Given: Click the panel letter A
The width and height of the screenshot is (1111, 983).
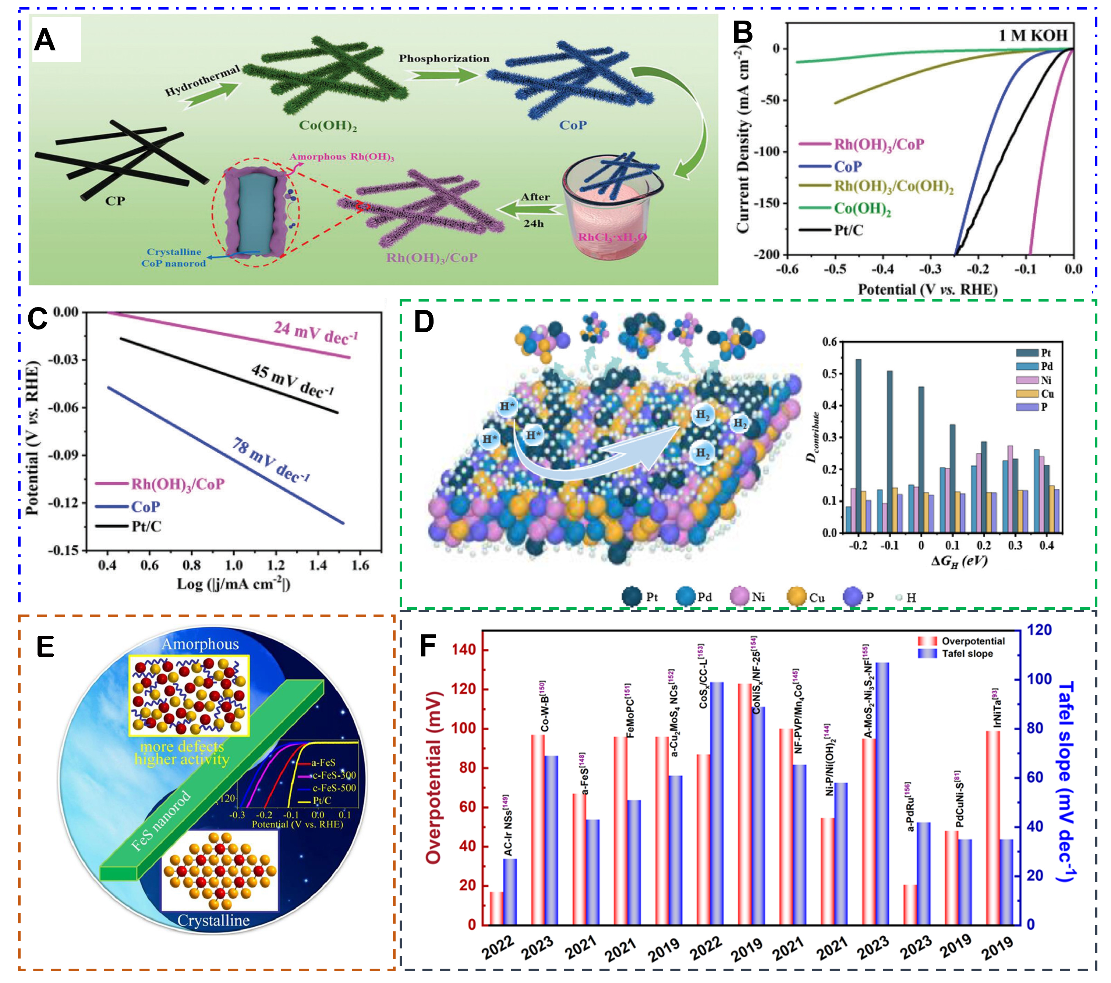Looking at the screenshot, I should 45,41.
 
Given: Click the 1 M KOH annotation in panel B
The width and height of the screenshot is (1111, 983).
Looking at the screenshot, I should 1032,35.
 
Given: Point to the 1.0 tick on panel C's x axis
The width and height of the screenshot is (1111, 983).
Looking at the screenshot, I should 234,566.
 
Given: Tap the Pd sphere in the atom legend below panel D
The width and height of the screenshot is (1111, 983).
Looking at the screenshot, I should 686,597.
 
